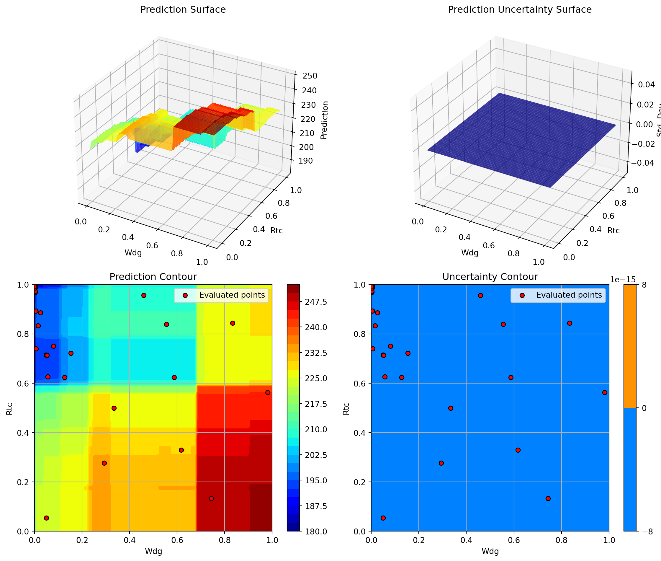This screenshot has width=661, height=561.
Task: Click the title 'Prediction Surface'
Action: tap(183, 10)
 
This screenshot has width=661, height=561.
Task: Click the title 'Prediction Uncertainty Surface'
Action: tap(520, 10)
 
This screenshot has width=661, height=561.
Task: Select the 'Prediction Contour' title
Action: tap(153, 277)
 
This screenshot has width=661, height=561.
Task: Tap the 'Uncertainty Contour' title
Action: tap(490, 277)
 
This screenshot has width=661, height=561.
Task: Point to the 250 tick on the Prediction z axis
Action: tap(310, 76)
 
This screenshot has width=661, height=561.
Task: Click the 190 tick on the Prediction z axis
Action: tap(305, 161)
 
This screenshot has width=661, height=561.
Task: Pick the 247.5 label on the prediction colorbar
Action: tap(314, 302)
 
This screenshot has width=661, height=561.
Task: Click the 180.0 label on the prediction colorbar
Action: tap(314, 531)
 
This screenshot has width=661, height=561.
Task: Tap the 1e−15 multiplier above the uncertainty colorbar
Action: tap(623, 280)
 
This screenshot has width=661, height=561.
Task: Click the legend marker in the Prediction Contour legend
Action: tap(185, 296)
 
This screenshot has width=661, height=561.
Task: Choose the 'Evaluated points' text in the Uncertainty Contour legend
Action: tap(569, 295)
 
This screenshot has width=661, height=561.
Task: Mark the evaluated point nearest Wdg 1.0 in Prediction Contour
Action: tap(268, 392)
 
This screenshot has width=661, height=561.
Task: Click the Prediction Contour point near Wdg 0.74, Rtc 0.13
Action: tap(211, 498)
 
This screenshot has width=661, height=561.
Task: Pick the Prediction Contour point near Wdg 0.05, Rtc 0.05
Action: tap(46, 518)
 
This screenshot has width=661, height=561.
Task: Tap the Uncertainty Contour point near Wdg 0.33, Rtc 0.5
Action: tap(451, 408)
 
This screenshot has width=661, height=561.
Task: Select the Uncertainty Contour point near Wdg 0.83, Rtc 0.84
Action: tap(570, 323)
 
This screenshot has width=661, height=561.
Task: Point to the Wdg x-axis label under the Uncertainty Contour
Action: tap(490, 552)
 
